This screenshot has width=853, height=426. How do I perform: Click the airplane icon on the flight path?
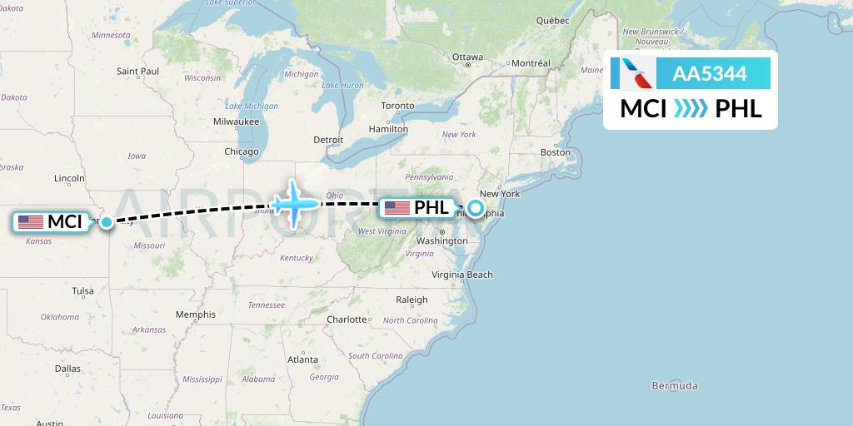[x=294, y=202]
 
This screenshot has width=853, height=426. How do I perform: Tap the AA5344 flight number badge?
[x=709, y=74]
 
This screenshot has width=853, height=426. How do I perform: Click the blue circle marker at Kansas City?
[x=107, y=222]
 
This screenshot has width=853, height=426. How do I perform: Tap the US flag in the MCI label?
[x=31, y=222]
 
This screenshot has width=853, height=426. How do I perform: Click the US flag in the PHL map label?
[x=397, y=208]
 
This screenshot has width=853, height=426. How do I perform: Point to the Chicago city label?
[x=241, y=152]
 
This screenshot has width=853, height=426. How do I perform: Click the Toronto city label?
[x=397, y=106]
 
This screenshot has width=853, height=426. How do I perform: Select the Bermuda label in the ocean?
[x=676, y=386]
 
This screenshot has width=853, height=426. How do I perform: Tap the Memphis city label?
[x=196, y=315]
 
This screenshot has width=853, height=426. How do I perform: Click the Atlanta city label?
[x=302, y=360]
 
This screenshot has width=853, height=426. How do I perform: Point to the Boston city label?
[x=556, y=152]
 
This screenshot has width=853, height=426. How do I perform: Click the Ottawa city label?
[x=467, y=57]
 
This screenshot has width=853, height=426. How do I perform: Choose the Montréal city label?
[x=531, y=63]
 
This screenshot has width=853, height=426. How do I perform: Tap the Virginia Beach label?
[x=462, y=275]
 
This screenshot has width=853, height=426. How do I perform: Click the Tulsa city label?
[x=82, y=291]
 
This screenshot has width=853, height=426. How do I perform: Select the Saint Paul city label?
[x=138, y=72]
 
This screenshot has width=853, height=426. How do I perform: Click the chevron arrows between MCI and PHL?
[x=691, y=109]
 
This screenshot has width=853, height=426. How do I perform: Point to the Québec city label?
[x=552, y=20]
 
